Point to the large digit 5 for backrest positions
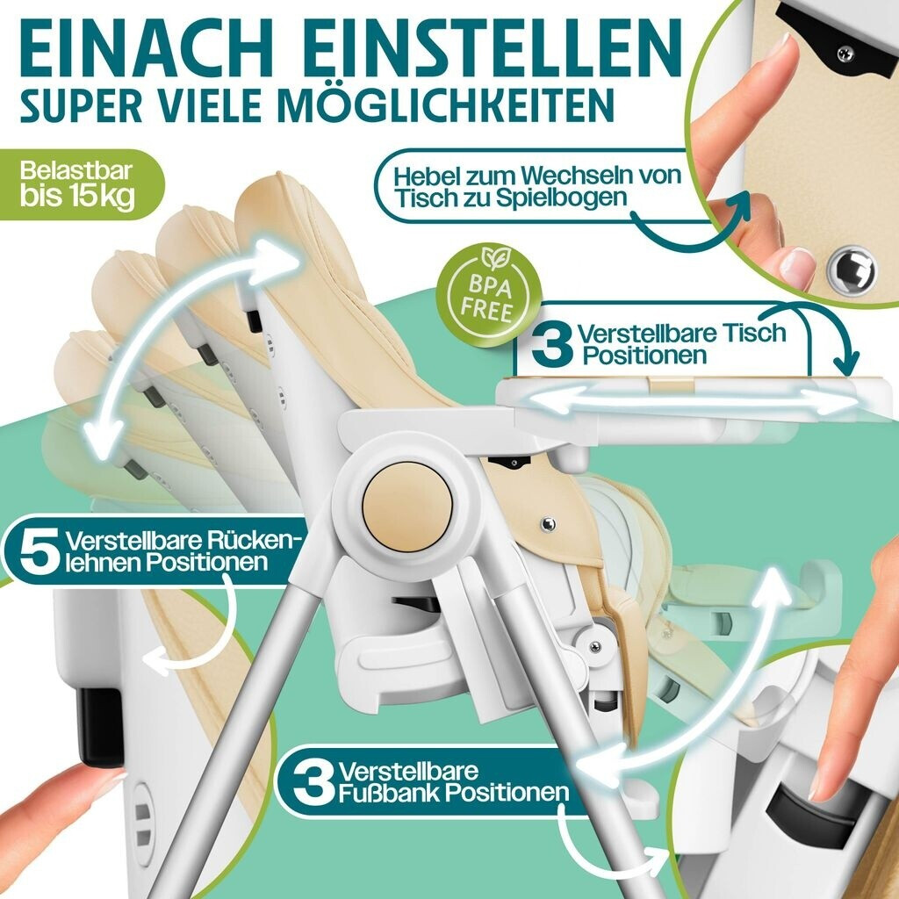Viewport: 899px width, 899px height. (x=38, y=551)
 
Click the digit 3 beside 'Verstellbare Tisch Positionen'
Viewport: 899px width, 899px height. (x=551, y=343)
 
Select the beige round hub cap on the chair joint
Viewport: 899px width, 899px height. (x=407, y=504)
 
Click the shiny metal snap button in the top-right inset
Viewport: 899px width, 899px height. (x=851, y=270)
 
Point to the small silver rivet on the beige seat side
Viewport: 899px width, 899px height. (x=549, y=523)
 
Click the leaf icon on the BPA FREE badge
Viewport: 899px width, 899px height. (x=493, y=257)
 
